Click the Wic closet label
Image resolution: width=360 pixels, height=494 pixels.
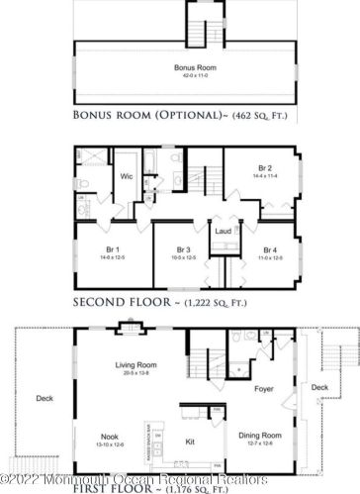point(127,176)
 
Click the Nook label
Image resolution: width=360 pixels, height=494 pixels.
point(110,435)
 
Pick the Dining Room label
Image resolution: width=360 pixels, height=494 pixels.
point(260,436)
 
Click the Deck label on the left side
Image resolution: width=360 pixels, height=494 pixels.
point(44,400)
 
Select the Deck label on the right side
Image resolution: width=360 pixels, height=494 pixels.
point(317,388)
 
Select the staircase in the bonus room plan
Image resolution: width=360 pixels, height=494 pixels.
point(202,31)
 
